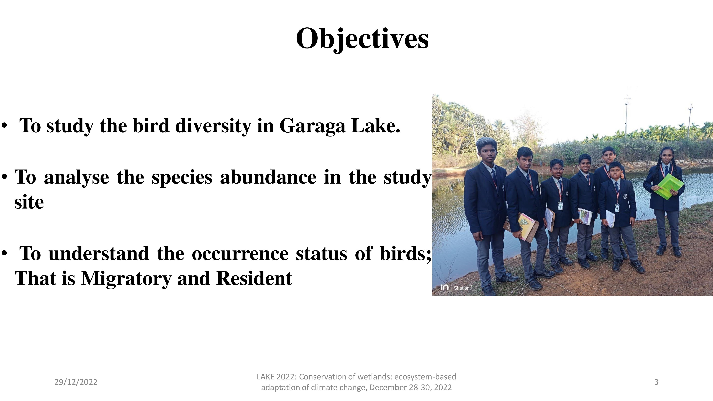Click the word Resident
[x=254, y=278]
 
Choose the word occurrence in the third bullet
[x=240, y=253]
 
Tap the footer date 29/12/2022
[x=76, y=382]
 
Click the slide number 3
[x=656, y=382]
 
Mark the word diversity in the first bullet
[x=213, y=126]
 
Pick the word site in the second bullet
[x=29, y=202]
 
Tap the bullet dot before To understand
[x=4, y=253]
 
